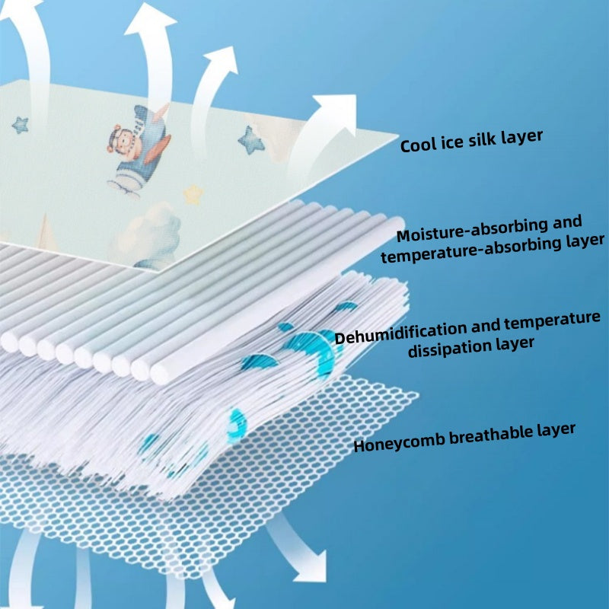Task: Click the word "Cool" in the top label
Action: (x=419, y=145)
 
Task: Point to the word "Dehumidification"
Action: (x=400, y=333)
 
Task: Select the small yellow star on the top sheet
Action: (x=194, y=195)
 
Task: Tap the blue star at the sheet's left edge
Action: (x=20, y=124)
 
